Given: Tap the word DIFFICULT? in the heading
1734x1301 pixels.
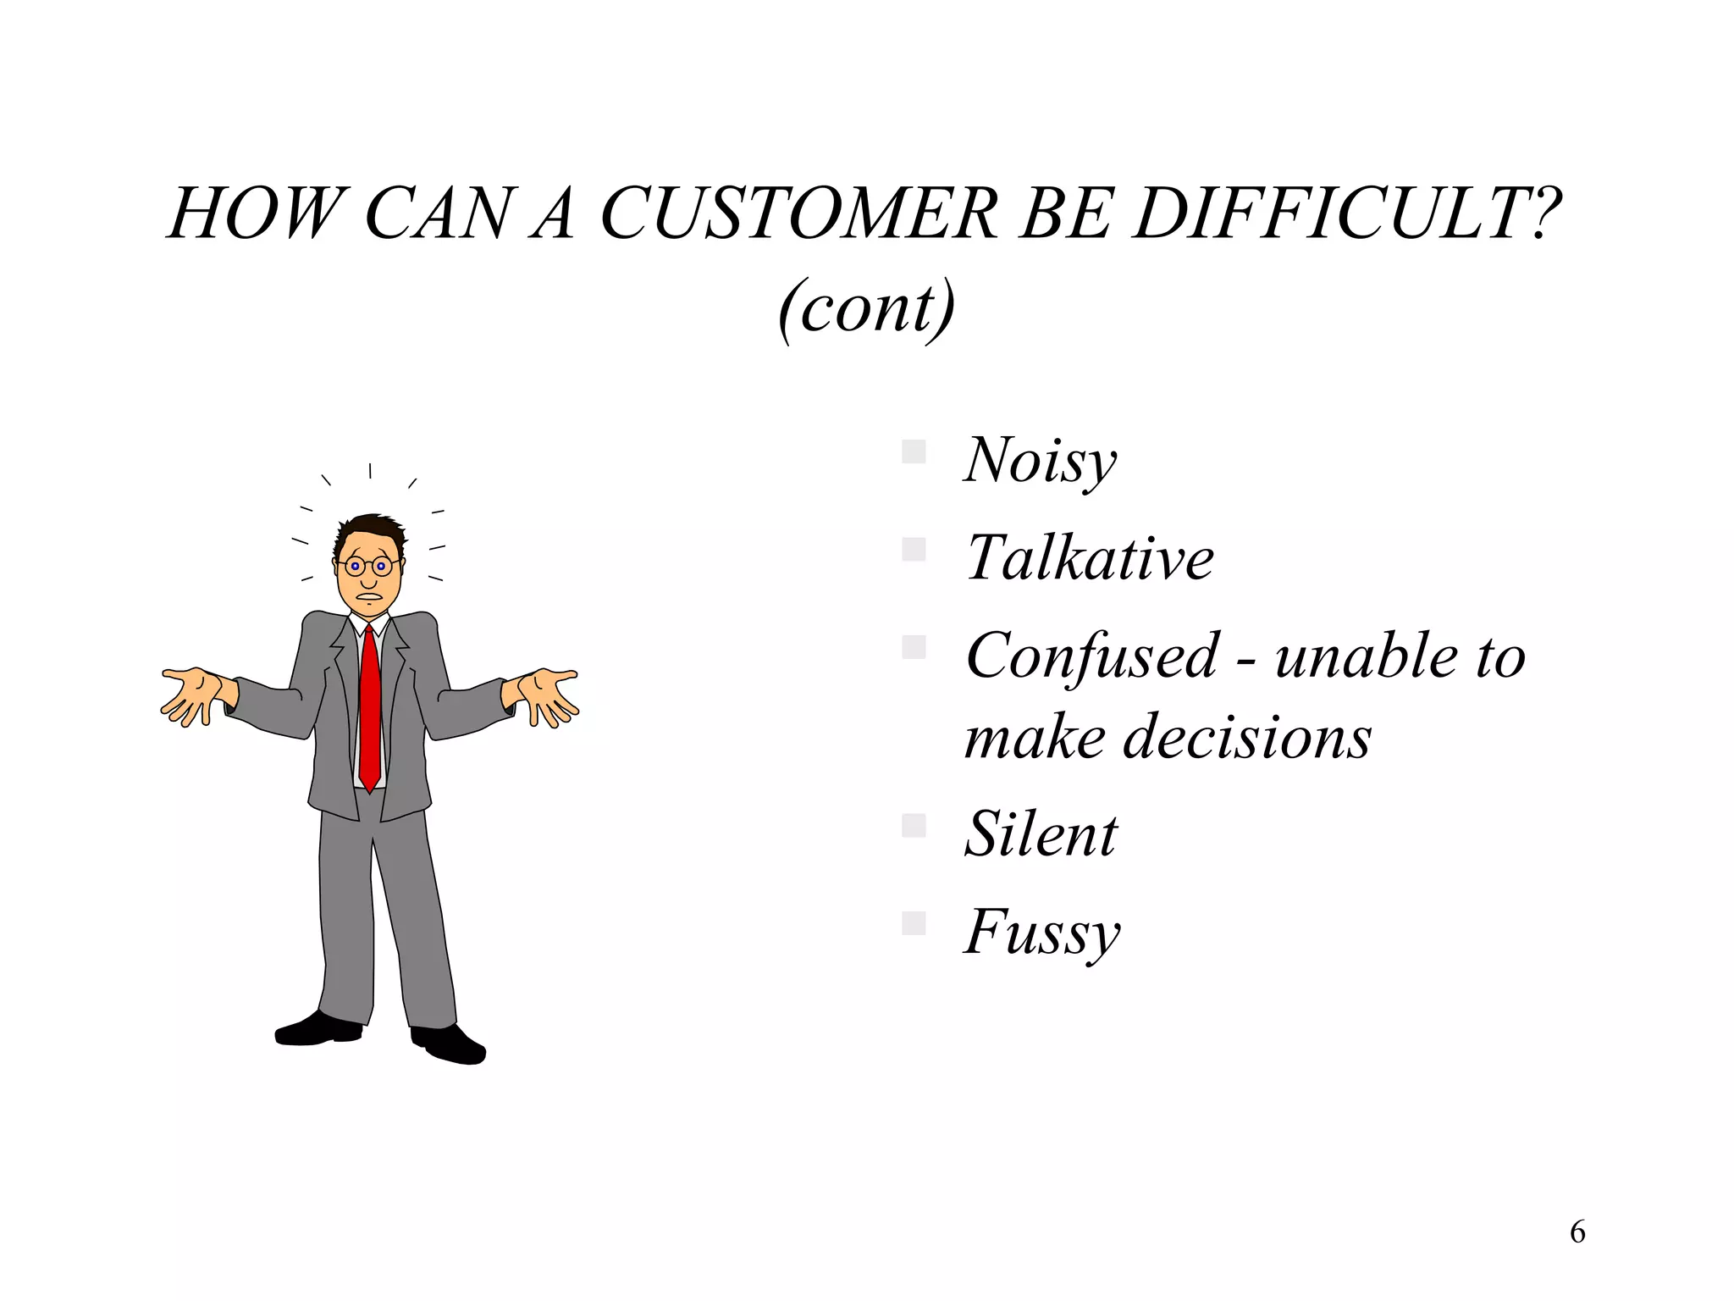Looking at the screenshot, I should coord(1346,213).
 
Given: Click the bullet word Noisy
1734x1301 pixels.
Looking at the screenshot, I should coord(1041,461).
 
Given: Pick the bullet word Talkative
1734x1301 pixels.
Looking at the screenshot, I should coord(1090,558).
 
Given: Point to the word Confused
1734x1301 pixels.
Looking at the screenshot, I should coord(1092,656).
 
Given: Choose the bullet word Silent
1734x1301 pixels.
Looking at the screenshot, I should coord(1041,834).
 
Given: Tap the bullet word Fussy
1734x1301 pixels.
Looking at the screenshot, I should coord(1042,933).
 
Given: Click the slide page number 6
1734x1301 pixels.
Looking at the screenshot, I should coord(1577,1232).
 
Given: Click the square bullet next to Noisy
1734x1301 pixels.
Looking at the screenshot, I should coord(914,451).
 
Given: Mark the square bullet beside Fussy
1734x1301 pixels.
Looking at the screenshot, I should coord(914,922).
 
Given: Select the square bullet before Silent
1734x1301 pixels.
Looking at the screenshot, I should coord(914,825).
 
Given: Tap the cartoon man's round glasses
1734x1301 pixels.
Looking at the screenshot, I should coord(368,566).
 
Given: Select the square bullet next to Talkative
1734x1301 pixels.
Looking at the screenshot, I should coord(914,550).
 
